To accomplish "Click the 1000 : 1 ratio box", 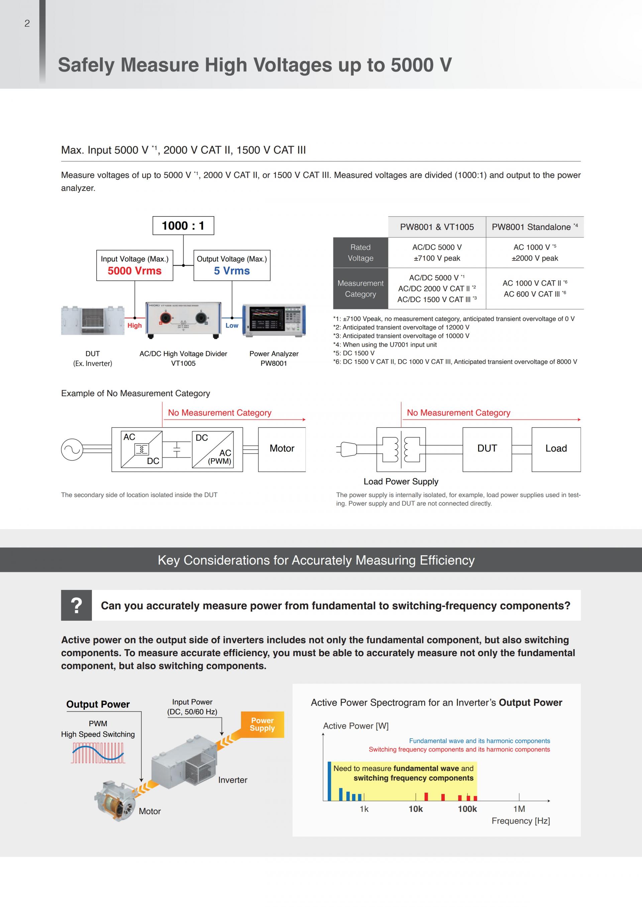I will point(183,225).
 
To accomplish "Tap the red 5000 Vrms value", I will point(134,271).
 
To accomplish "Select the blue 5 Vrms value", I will point(232,271).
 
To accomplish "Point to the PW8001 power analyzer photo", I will point(274,320).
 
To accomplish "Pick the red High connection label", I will point(134,325).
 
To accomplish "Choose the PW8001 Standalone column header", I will point(534,227).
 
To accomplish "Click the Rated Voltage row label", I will point(360,253).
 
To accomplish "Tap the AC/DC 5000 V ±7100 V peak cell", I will point(436,253).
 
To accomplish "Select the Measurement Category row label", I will point(360,289).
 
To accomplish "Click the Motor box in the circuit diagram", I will point(282,449).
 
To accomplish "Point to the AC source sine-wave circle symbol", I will point(72,450).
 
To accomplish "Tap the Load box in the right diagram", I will point(556,449).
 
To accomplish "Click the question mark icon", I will point(76,606).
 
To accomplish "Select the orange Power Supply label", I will point(262,725).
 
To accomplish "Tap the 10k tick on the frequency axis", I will point(416,809).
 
